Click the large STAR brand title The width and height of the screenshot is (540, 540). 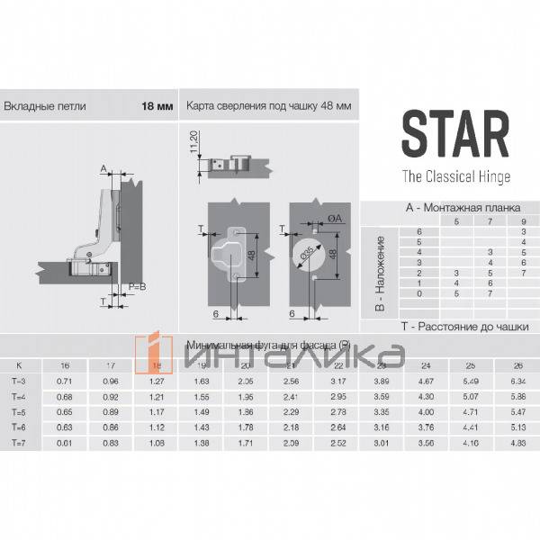(x=454, y=133)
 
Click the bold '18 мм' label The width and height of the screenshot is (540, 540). (x=157, y=105)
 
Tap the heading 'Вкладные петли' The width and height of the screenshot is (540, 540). (x=45, y=105)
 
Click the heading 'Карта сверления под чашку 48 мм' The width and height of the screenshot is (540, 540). (x=268, y=105)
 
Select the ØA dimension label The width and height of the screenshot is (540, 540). (x=334, y=219)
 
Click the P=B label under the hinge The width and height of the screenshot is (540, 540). (x=137, y=285)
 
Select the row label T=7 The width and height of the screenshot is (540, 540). (x=18, y=444)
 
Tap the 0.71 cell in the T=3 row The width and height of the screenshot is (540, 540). (x=64, y=381)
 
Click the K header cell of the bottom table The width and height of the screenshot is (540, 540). (x=18, y=365)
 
